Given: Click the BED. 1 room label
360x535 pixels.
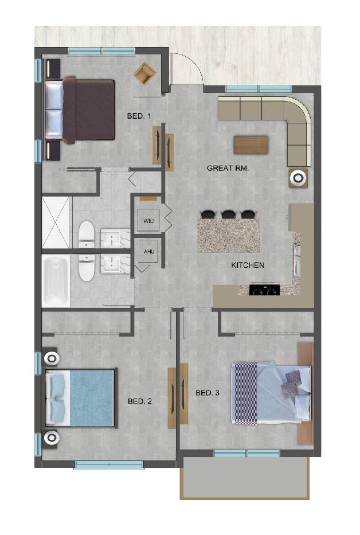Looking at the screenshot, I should coord(139,116).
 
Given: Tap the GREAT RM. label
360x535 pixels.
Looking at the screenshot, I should coord(223,168).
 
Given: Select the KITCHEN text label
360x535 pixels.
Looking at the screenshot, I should coord(247,265).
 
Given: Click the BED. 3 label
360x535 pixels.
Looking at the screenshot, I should coord(208,393).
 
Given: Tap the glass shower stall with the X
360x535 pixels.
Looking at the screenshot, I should coord(56,222).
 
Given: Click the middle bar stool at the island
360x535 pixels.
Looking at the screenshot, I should coord(229,214).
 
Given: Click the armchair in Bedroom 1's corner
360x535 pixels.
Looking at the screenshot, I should coord(144,72).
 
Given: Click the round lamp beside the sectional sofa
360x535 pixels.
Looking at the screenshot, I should coord(299,178).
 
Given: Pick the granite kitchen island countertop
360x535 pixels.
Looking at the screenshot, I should coord(226,234).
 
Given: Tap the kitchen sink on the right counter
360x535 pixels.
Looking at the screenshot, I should coord(297,259).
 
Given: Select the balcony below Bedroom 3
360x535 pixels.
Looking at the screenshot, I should coord(245,477).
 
